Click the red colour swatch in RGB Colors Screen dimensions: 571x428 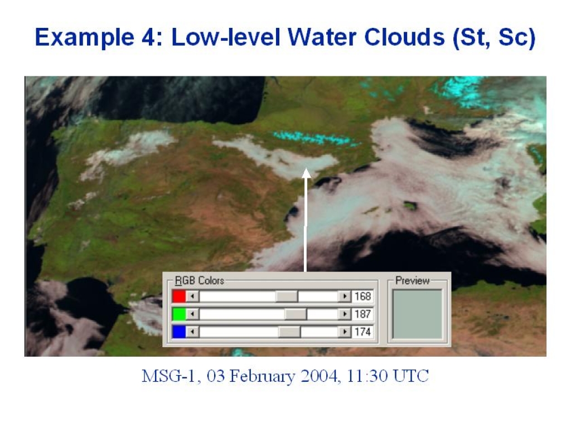(179, 296)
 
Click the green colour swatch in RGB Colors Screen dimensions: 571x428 (179, 314)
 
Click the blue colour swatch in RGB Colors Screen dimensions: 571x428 (179, 332)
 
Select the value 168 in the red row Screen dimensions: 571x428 (362, 296)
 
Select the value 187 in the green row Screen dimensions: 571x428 (362, 314)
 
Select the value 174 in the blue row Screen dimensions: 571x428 (362, 332)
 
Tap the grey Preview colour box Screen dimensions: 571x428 (417, 314)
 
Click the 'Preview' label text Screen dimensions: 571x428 (413, 281)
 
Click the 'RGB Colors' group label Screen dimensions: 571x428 (200, 281)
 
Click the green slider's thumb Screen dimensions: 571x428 (296, 314)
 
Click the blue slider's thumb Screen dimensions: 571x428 (289, 332)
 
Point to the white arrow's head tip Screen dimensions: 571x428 (307, 168)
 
